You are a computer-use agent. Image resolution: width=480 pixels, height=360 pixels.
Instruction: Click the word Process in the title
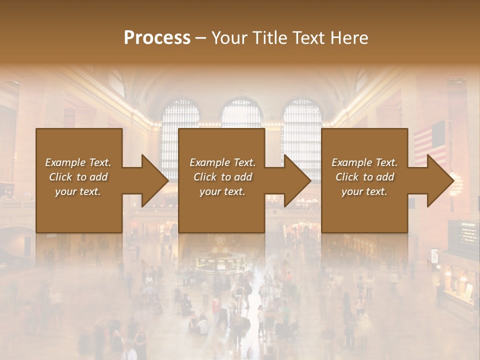(x=157, y=38)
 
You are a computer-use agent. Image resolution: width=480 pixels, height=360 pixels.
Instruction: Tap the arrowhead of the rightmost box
(x=439, y=180)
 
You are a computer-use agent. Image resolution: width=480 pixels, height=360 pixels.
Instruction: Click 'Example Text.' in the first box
(x=78, y=162)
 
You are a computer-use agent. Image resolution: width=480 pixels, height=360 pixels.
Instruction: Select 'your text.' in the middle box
(x=222, y=191)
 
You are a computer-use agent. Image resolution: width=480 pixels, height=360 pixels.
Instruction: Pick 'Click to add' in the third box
(x=365, y=177)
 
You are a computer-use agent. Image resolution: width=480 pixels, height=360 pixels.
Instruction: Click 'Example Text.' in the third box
(x=364, y=162)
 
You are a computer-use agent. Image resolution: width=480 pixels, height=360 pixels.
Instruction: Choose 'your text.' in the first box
(x=78, y=191)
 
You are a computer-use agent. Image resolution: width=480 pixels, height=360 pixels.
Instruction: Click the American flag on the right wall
(x=429, y=142)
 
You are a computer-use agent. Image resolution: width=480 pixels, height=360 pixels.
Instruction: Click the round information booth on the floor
(x=220, y=260)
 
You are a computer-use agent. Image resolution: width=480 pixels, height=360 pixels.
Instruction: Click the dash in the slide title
(x=200, y=38)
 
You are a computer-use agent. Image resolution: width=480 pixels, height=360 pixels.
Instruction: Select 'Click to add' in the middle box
(x=222, y=177)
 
